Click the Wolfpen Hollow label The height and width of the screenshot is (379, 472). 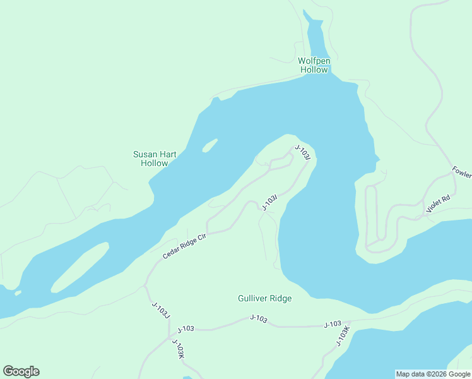[x=314, y=66]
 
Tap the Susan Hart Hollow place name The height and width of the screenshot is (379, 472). [x=155, y=159]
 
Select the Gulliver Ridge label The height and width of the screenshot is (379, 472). [x=264, y=298]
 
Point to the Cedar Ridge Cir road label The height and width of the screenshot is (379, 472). [x=185, y=244]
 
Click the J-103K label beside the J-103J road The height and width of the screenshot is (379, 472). [x=179, y=349]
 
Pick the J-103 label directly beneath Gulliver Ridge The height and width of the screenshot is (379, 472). [x=259, y=319]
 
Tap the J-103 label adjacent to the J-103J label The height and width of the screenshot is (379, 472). [x=186, y=328]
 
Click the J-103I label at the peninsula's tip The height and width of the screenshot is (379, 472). [x=304, y=154]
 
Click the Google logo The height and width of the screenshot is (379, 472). [x=21, y=371]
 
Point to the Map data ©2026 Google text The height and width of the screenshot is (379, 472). [x=434, y=374]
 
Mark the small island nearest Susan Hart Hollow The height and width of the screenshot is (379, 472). [x=209, y=146]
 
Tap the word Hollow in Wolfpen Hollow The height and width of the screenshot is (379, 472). [x=314, y=70]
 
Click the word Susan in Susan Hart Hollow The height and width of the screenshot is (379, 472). [x=145, y=154]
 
